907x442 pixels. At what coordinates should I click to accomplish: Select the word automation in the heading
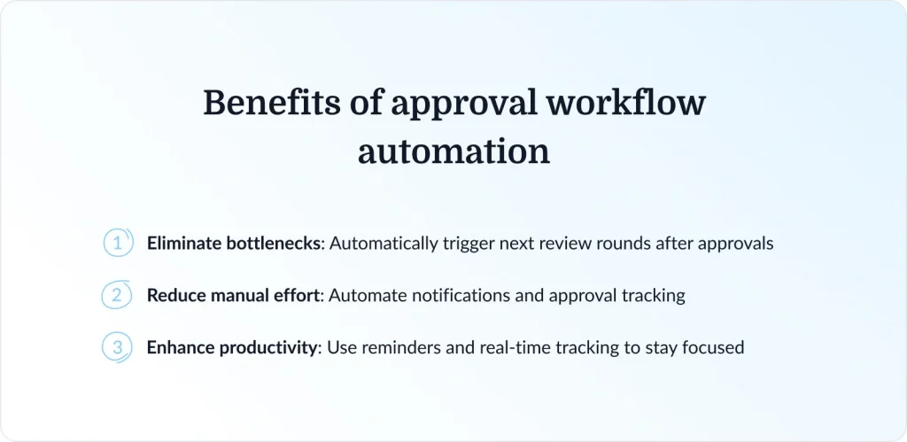pyautogui.click(x=453, y=151)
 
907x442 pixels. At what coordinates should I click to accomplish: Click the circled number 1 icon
pyautogui.click(x=117, y=243)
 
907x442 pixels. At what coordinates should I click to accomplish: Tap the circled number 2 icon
pyautogui.click(x=117, y=295)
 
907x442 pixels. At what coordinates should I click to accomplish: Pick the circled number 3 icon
pyautogui.click(x=117, y=347)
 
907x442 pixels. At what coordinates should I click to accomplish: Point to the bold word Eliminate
pyautogui.click(x=182, y=243)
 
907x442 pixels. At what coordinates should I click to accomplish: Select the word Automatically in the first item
pyautogui.click(x=384, y=243)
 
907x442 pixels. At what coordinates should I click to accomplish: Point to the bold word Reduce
pyautogui.click(x=174, y=295)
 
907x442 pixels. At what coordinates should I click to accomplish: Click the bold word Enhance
pyautogui.click(x=180, y=347)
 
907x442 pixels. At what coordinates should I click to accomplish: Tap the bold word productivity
pyautogui.click(x=266, y=347)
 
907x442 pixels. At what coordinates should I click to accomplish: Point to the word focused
pyautogui.click(x=713, y=347)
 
